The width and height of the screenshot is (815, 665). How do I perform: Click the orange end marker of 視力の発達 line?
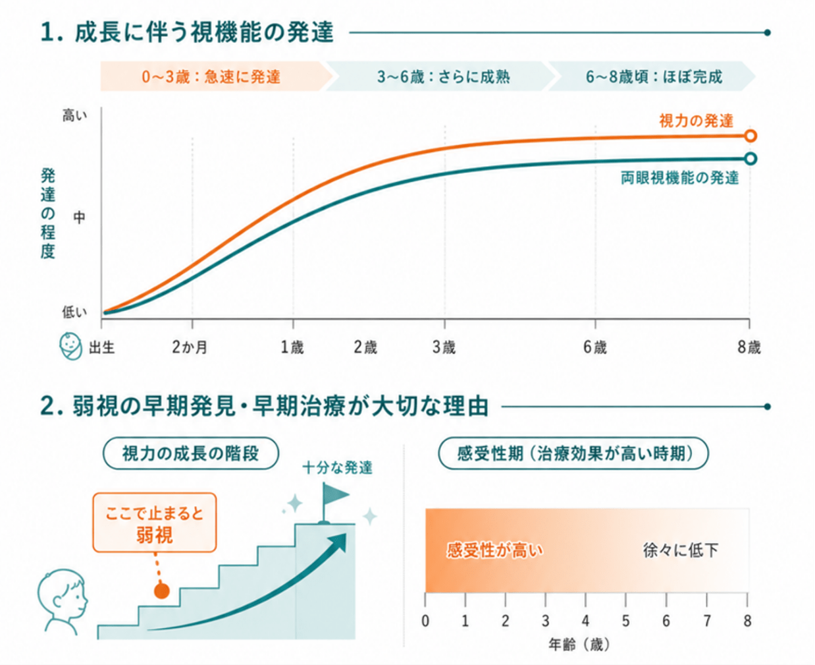(x=750, y=136)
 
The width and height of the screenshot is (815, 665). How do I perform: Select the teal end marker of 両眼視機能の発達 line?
(x=750, y=159)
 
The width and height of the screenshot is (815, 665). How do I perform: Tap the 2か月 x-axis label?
(x=190, y=347)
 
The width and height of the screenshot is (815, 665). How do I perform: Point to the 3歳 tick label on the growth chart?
(x=444, y=347)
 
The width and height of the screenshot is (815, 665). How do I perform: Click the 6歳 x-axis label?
(x=595, y=347)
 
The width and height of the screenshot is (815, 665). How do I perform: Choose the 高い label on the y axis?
(x=74, y=115)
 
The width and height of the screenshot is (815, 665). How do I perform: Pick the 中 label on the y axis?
(x=79, y=217)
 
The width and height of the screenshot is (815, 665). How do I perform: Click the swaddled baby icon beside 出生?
(x=71, y=345)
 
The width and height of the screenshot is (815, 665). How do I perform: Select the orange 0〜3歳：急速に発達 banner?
(x=217, y=76)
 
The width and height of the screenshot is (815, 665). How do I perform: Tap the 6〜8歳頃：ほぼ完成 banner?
(x=652, y=76)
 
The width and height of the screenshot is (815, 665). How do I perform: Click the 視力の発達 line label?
(x=696, y=121)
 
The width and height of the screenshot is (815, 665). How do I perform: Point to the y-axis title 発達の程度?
(x=48, y=214)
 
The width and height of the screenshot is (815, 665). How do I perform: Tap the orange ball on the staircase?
(x=161, y=591)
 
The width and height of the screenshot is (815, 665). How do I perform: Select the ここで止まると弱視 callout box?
(x=155, y=523)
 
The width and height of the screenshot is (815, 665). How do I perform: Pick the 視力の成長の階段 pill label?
(x=191, y=453)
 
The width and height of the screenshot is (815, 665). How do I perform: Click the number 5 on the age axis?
(x=625, y=621)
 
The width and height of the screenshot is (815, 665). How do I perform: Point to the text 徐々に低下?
(x=680, y=550)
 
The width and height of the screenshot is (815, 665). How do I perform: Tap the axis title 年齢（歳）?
(x=579, y=645)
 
